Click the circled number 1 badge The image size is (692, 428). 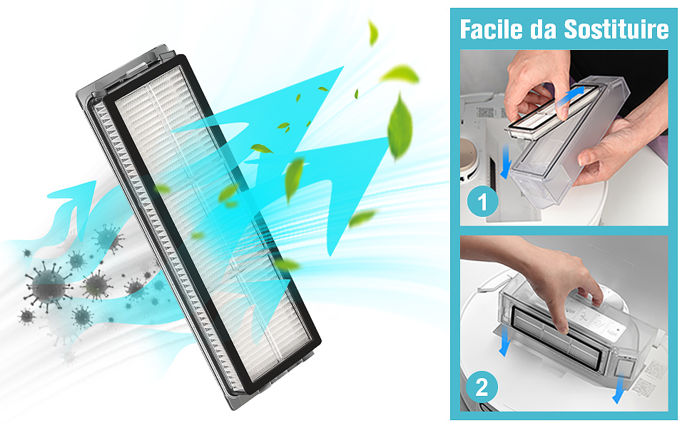point(482,203)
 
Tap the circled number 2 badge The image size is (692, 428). point(482,388)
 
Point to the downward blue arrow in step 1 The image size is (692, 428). point(505,163)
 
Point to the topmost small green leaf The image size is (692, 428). point(372,32)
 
